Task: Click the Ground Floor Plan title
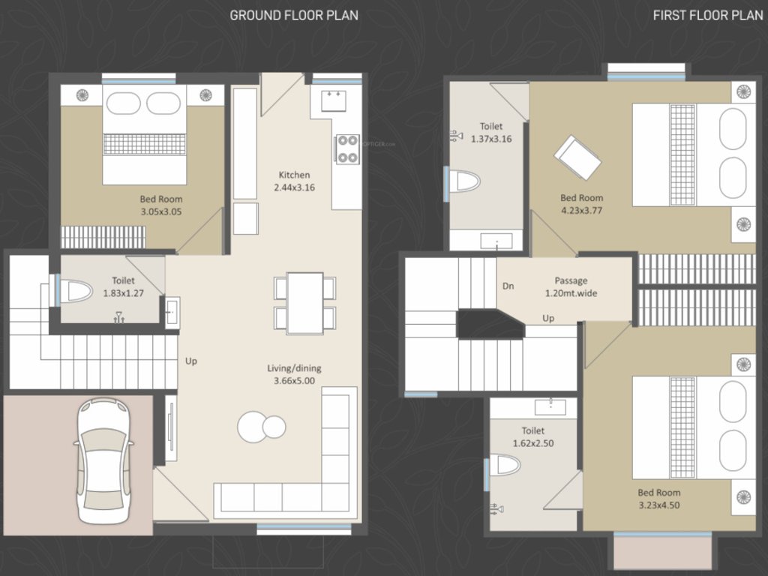pyautogui.click(x=293, y=15)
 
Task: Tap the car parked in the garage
pyautogui.click(x=103, y=461)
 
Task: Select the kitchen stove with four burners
pyautogui.click(x=346, y=148)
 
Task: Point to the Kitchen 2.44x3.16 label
pyautogui.click(x=293, y=181)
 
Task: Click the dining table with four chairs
pyautogui.click(x=304, y=303)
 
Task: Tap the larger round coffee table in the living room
pyautogui.click(x=252, y=427)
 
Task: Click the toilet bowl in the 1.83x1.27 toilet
pyautogui.click(x=75, y=290)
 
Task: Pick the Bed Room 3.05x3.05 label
pyautogui.click(x=160, y=205)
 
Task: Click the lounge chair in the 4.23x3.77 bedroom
pyautogui.click(x=577, y=157)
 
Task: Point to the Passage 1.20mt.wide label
pyautogui.click(x=571, y=287)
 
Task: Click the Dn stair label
pyautogui.click(x=508, y=286)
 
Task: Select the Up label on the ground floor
pyautogui.click(x=191, y=361)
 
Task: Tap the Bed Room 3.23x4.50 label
pyautogui.click(x=659, y=499)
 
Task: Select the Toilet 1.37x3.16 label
pyautogui.click(x=491, y=133)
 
